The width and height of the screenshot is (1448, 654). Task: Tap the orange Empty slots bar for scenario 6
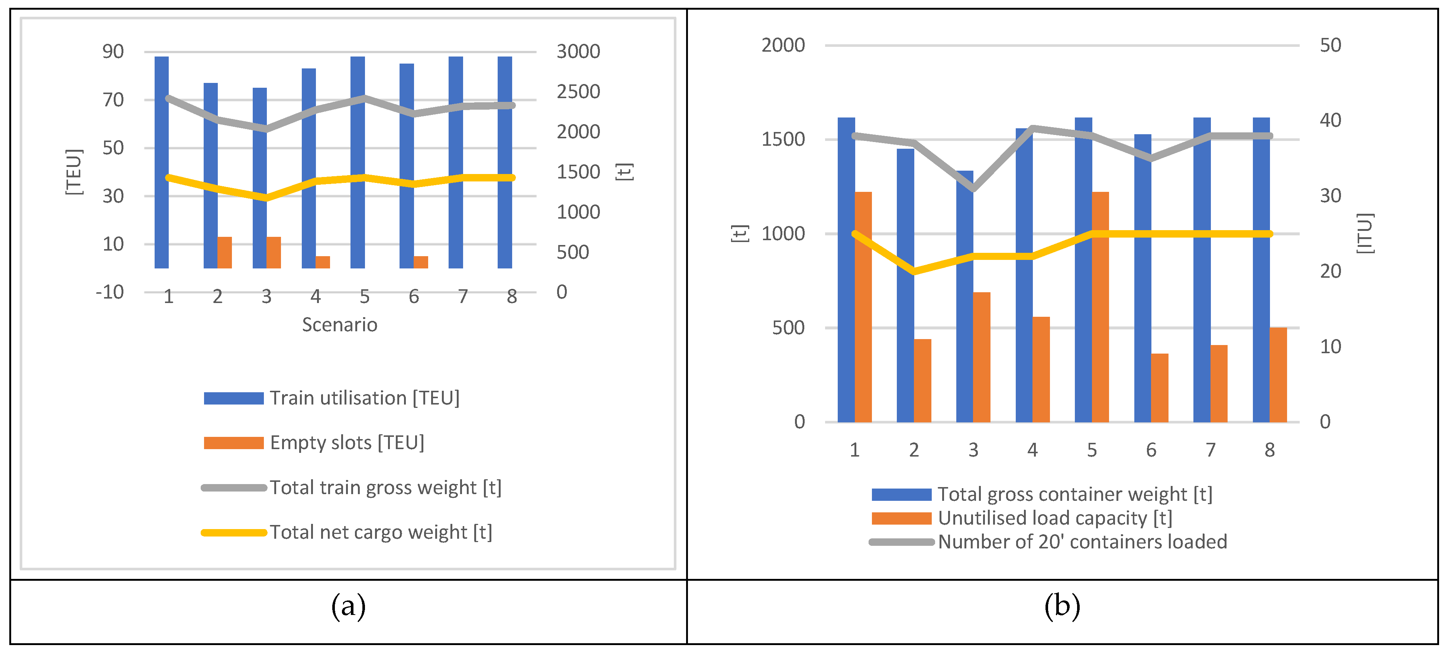coord(420,262)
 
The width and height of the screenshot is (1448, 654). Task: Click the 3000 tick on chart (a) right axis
coord(578,52)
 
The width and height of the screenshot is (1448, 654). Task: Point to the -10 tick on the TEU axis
coord(110,292)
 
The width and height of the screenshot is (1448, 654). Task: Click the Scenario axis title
coord(340,325)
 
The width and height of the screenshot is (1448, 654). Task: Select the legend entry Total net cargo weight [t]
coord(381,532)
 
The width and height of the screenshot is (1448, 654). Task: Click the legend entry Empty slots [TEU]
coord(347,442)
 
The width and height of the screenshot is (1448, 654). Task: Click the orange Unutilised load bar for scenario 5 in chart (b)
coord(1100,306)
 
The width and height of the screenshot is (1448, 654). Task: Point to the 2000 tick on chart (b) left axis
coord(783,46)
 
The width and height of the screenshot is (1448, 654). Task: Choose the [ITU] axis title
coord(1365,233)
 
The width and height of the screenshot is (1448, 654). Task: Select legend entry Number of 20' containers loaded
coord(1082,542)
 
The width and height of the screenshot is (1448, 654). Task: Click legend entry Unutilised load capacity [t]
coord(1054,518)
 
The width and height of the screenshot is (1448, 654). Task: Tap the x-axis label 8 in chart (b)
coord(1269,450)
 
